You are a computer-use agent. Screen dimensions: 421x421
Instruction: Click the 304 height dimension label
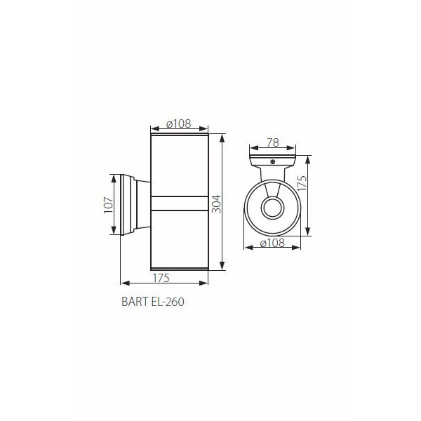point(216,204)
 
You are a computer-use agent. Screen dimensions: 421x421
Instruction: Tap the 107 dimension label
point(109,205)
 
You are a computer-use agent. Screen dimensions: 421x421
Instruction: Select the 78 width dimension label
point(273,142)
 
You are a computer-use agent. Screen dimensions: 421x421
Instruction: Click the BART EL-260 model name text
point(153,302)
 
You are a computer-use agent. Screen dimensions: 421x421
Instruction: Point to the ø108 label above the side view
point(178,123)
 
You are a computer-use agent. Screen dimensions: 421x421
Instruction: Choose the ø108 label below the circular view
point(272,243)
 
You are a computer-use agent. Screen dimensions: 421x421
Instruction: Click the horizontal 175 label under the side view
point(161,278)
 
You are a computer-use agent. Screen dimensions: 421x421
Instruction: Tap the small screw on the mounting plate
point(273,161)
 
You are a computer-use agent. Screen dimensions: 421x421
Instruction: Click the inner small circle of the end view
point(272,208)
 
